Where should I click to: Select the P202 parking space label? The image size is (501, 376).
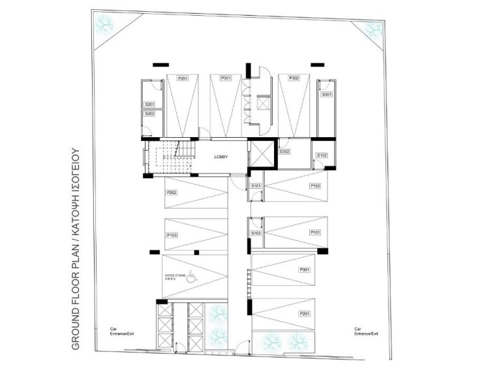click(x=172, y=193)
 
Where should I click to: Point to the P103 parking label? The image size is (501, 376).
click(x=172, y=234)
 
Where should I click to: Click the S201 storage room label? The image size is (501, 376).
click(x=149, y=104)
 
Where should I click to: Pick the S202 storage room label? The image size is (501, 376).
click(x=149, y=114)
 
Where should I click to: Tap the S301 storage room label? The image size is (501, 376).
click(x=326, y=95)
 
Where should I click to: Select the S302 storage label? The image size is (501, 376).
click(x=284, y=151)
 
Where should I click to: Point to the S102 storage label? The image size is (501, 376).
click(x=321, y=155)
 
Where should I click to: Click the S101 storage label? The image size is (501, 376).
click(x=256, y=186)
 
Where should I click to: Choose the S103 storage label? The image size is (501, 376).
click(x=256, y=233)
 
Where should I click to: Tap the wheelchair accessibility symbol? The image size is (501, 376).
click(x=190, y=274)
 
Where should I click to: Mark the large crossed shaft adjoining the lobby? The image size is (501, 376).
click(x=263, y=155)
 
